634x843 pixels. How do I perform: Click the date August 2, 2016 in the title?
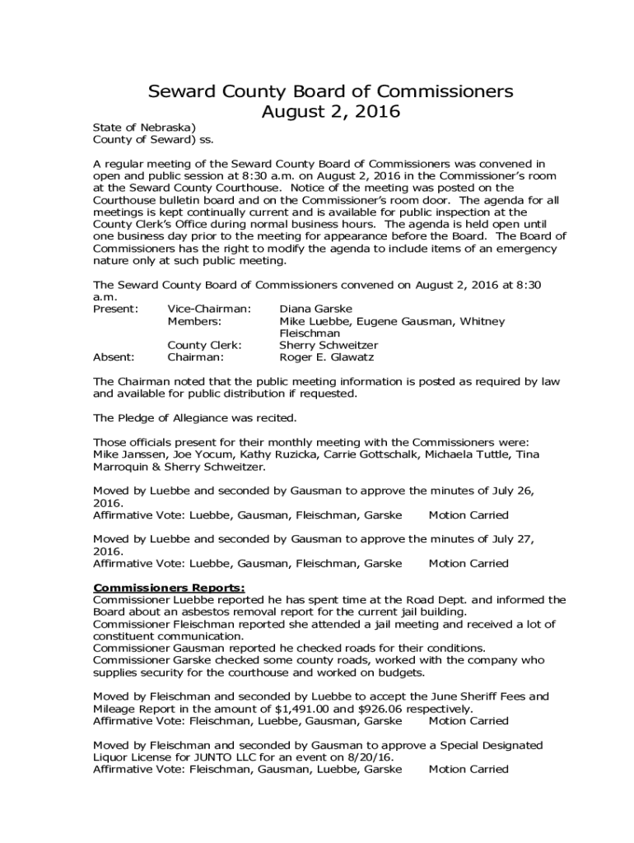point(330,112)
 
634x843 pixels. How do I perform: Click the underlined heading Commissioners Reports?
point(169,588)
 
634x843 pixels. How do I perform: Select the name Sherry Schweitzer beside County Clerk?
point(329,346)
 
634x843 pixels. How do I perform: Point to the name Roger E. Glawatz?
point(326,358)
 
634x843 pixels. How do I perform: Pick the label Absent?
point(114,358)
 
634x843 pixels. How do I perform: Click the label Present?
point(116,309)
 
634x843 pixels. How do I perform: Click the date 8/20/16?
point(370,757)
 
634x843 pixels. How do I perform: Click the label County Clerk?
point(204,346)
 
